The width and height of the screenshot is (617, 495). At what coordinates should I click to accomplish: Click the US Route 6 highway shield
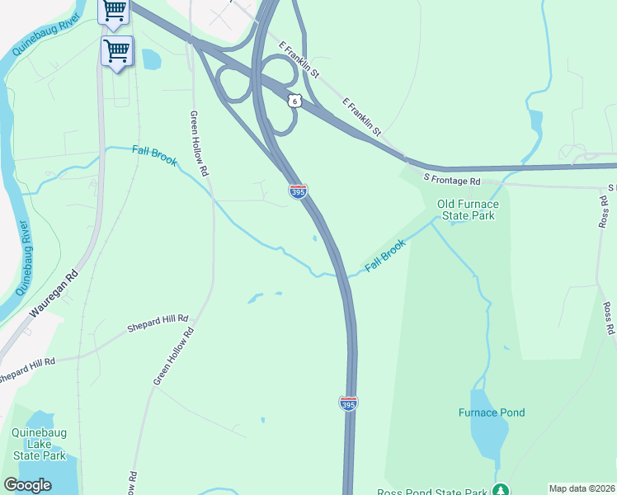coord(294,101)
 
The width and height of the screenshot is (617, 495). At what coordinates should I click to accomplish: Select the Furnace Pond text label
coord(492,412)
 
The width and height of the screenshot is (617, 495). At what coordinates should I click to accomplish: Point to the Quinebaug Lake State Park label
coord(38,443)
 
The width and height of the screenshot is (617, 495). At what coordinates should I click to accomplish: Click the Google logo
coord(27,485)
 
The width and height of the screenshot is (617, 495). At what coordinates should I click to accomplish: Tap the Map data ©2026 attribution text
coord(582,488)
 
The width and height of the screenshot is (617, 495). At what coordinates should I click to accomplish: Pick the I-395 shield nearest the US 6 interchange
coord(299,191)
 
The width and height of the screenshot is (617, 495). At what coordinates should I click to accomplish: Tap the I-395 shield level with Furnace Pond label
coord(349,403)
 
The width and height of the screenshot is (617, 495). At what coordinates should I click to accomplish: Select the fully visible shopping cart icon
coord(116,51)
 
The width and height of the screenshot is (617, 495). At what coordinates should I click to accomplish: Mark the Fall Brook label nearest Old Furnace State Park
coord(385,257)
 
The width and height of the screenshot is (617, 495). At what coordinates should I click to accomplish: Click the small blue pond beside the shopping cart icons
coord(151,59)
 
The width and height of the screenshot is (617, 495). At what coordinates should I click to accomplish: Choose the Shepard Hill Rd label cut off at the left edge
coord(26,369)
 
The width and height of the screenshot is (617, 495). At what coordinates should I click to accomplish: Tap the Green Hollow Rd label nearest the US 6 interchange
coord(198,144)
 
